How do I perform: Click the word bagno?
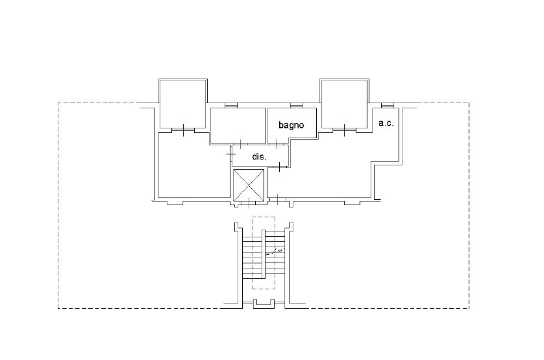[x=291, y=125]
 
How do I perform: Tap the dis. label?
[x=259, y=157]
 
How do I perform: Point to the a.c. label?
[x=386, y=123]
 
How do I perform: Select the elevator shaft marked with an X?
[x=249, y=186]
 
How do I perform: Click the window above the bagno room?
[x=297, y=106]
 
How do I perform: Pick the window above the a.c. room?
[x=388, y=106]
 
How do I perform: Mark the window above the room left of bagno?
[x=230, y=106]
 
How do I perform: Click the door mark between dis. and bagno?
[x=276, y=144]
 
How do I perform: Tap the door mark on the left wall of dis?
[x=230, y=153]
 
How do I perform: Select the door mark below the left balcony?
[x=183, y=130]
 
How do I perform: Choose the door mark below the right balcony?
[x=344, y=130]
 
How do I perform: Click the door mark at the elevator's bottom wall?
[x=249, y=202]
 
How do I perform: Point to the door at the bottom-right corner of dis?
[x=280, y=167]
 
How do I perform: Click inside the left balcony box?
[x=183, y=103]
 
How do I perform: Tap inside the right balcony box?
[x=344, y=104]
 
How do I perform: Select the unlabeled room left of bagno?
[x=238, y=126]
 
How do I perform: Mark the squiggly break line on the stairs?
[x=275, y=252]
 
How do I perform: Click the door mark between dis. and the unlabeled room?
[x=240, y=144]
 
